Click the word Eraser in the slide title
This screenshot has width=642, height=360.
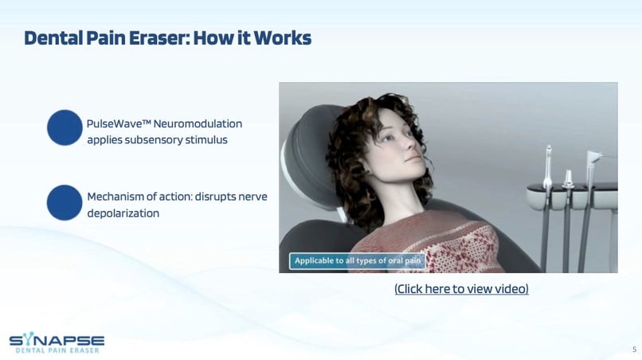pos(159,37)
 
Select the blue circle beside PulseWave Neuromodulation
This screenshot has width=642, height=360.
pos(65,127)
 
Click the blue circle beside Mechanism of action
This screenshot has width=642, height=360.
pos(65,202)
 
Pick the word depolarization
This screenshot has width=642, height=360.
pos(123,213)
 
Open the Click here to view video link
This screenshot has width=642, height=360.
pos(461,289)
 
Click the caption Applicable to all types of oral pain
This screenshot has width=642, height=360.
pos(358,261)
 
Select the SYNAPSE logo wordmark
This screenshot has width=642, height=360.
pos(57,340)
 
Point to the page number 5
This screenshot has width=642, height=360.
pos(634,350)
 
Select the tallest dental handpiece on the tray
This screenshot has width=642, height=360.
pos(548,168)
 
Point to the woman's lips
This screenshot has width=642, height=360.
pos(413,158)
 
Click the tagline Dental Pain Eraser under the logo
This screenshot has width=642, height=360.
pos(57,350)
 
